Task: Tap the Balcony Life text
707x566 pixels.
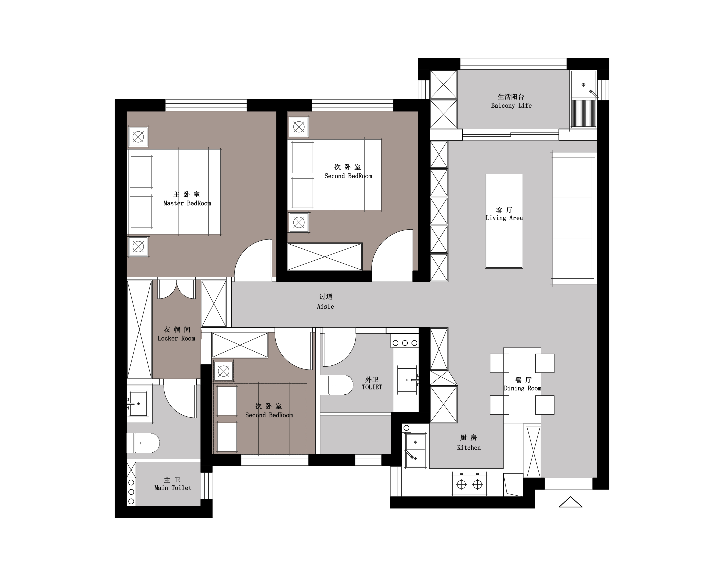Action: click(511, 106)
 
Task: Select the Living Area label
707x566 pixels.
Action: click(504, 218)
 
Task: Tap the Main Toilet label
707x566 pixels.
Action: click(173, 488)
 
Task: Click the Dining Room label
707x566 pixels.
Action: click(522, 388)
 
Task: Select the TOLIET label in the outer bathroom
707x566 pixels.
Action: click(372, 387)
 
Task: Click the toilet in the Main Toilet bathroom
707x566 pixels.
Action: click(143, 443)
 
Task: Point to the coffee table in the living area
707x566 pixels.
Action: click(504, 221)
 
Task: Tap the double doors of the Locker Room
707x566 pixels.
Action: click(176, 289)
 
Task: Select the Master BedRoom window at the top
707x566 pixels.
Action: click(206, 105)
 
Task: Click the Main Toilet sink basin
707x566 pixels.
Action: click(138, 404)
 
